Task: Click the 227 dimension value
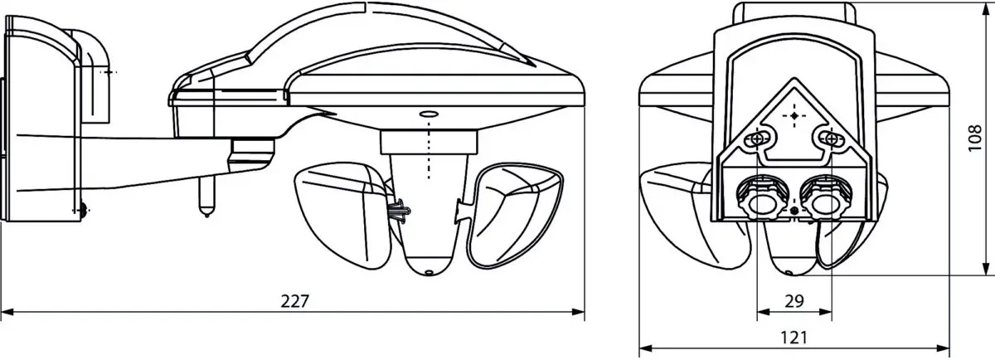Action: click(294, 301)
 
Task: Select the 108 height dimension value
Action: click(974, 139)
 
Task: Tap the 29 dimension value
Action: click(794, 301)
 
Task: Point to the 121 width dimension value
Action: click(794, 338)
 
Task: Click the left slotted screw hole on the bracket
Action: click(757, 139)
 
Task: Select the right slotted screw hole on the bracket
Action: click(831, 139)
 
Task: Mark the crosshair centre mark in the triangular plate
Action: click(794, 116)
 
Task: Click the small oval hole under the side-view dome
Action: click(429, 114)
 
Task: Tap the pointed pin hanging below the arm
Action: click(206, 195)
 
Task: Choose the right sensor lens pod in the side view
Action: click(514, 215)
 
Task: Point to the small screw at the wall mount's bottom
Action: click(83, 210)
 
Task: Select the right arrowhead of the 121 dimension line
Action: click(943, 348)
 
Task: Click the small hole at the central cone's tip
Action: click(429, 272)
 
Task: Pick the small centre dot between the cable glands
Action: click(794, 210)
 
